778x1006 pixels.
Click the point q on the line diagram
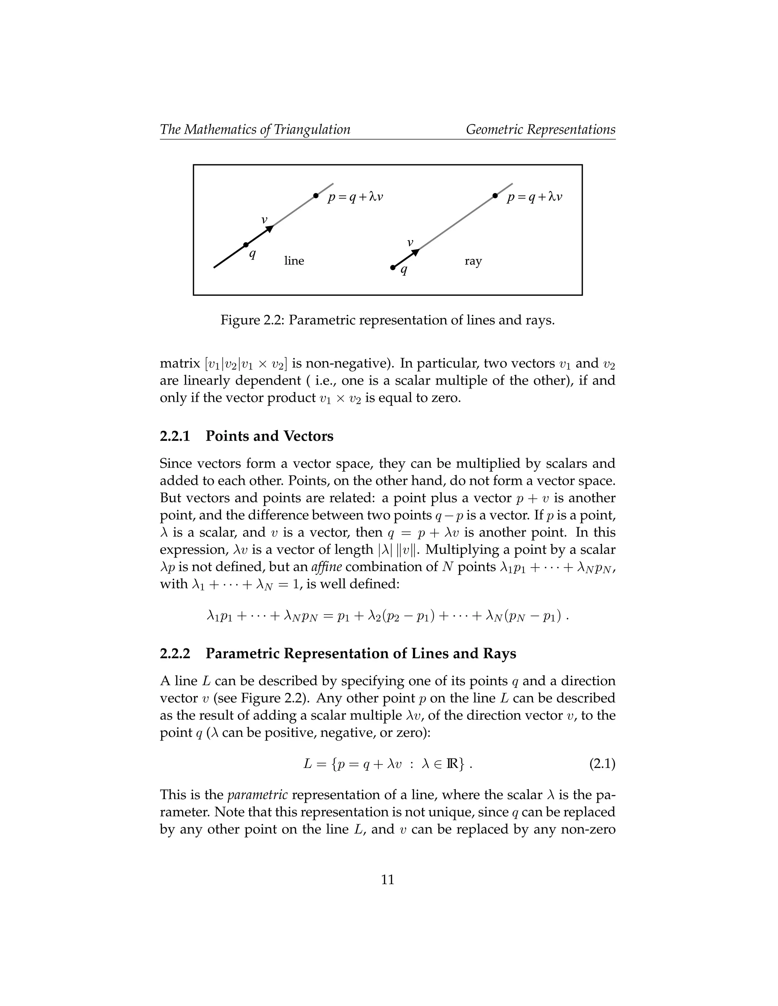pyautogui.click(x=246, y=244)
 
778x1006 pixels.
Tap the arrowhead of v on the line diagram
pyautogui.click(x=270, y=229)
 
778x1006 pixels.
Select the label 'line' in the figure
pyautogui.click(x=294, y=261)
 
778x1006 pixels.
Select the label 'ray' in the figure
pyautogui.click(x=473, y=261)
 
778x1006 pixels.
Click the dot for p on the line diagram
pyautogui.click(x=316, y=196)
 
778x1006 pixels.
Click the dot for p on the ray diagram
pyautogui.click(x=495, y=196)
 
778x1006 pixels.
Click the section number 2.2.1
pyautogui.click(x=175, y=436)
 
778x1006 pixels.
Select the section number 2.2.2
pyautogui.click(x=175, y=653)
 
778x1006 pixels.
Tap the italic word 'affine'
pyautogui.click(x=326, y=566)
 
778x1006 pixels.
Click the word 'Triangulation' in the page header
pyautogui.click(x=312, y=129)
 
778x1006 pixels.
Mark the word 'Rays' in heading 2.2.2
pyautogui.click(x=500, y=653)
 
